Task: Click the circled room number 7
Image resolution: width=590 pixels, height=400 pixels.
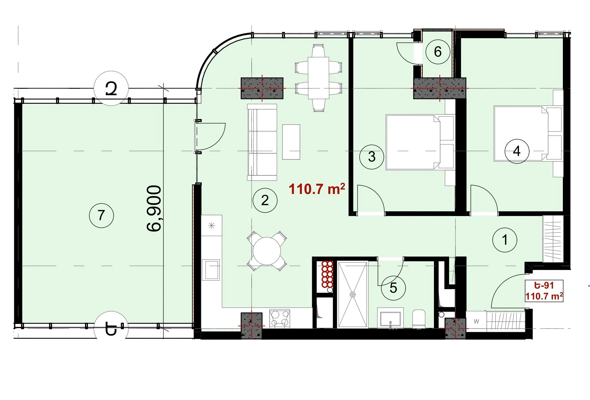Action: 101,215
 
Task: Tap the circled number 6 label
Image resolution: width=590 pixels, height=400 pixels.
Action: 438,52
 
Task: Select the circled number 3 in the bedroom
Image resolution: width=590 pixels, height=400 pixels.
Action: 372,157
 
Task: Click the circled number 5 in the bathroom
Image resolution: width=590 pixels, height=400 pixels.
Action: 393,288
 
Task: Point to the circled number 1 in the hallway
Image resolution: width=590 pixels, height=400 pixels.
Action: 505,240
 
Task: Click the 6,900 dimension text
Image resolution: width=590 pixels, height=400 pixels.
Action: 154,208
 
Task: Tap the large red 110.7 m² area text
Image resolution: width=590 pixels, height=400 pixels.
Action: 317,189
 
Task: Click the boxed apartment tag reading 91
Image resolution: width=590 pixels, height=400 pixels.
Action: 544,291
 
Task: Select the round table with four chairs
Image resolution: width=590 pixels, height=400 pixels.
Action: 267,251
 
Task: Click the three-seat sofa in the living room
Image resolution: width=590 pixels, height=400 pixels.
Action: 262,142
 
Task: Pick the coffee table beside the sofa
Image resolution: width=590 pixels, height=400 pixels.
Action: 291,142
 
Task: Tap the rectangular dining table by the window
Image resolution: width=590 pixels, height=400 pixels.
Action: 318,78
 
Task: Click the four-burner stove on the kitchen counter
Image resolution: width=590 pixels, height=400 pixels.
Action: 280,319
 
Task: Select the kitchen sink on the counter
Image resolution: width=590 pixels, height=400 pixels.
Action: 211,270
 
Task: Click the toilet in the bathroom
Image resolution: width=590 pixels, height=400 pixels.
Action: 419,319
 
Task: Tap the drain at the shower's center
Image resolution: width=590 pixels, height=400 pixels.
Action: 353,294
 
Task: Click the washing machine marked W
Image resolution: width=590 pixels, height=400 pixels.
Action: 476,321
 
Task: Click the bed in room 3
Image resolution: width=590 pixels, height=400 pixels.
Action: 420,142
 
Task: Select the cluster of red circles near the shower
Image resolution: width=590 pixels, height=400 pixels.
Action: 327,274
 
